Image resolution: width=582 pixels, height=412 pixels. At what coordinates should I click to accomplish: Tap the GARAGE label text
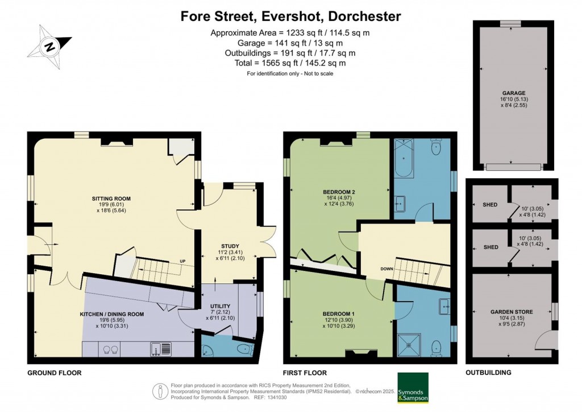513,93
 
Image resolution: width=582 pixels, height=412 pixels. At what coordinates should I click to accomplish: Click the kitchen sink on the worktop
158,349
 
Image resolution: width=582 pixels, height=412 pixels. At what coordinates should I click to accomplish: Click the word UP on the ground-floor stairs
182,262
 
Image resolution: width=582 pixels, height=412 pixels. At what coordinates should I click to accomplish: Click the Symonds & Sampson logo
413,388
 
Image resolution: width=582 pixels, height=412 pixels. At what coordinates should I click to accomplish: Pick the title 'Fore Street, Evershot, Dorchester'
290,16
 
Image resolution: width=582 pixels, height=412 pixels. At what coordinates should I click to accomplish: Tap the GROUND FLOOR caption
55,373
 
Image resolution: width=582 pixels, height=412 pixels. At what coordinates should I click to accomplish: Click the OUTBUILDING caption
488,373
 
